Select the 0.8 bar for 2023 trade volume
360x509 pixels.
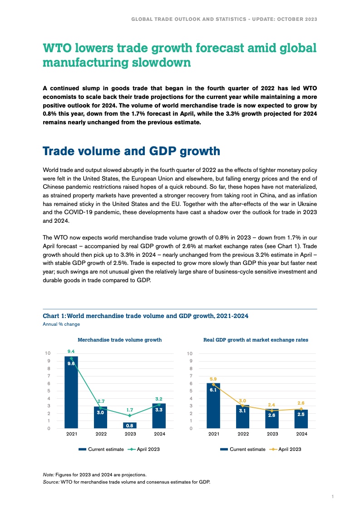coord(129,426)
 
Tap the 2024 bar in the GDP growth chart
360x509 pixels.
coord(301,419)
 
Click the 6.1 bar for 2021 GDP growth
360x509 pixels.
coord(213,406)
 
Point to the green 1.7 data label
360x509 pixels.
coord(129,409)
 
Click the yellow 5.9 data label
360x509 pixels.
coord(213,378)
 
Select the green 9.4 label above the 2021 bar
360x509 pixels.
coord(71,351)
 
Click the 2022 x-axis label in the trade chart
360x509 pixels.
coord(100,434)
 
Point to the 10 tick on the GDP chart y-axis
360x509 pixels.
coord(190,353)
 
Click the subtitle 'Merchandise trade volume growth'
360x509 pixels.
coord(119,339)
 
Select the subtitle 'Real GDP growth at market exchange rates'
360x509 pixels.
coord(256,339)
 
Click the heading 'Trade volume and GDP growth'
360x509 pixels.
coord(131,151)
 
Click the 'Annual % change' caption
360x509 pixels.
coord(61,324)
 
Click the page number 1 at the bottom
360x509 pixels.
coord(333,497)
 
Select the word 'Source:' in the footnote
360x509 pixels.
coord(51,482)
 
